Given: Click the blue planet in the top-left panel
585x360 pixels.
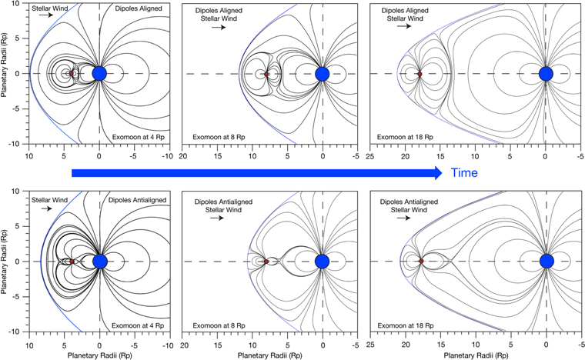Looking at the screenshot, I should [99, 73].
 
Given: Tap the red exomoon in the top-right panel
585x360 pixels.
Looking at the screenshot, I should [420, 74].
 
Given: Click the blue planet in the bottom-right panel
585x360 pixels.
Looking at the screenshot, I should [547, 262].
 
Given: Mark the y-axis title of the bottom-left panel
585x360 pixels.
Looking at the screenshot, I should [7, 262].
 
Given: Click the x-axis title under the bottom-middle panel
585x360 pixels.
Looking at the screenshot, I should [266, 353].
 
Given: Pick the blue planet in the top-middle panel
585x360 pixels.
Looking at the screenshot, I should [323, 73].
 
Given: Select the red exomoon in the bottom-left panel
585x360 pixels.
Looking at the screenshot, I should [72, 262].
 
